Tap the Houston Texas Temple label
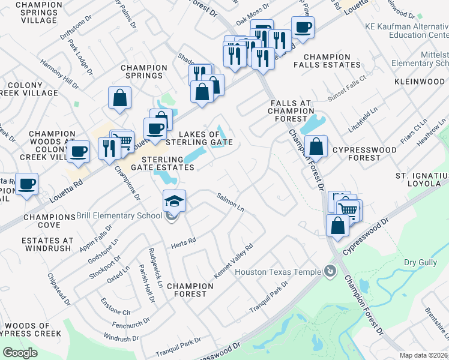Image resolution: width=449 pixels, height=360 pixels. [x=277, y=272]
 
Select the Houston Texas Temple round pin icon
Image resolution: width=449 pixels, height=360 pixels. [x=329, y=272]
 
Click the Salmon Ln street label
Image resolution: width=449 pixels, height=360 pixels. [x=231, y=202]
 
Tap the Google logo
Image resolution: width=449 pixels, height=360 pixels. [x=20, y=353]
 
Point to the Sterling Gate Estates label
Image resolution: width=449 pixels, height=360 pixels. [x=161, y=163]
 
